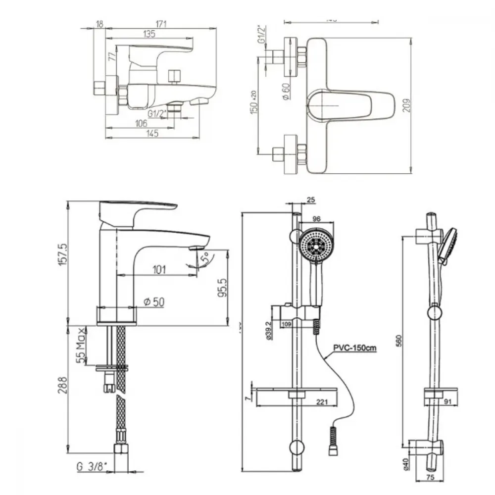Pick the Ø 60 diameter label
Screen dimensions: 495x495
(285, 91)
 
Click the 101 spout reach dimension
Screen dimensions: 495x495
(159, 269)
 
